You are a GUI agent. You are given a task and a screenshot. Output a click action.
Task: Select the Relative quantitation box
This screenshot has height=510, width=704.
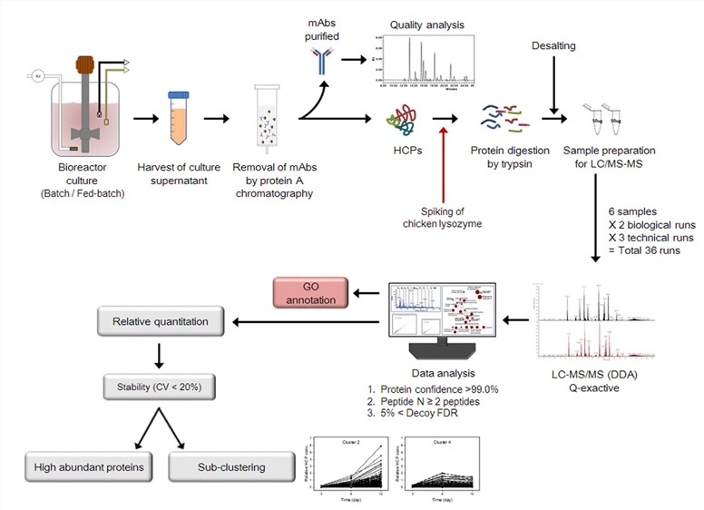coord(160,320)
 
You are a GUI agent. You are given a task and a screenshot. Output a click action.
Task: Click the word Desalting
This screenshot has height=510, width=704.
coord(553,44)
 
